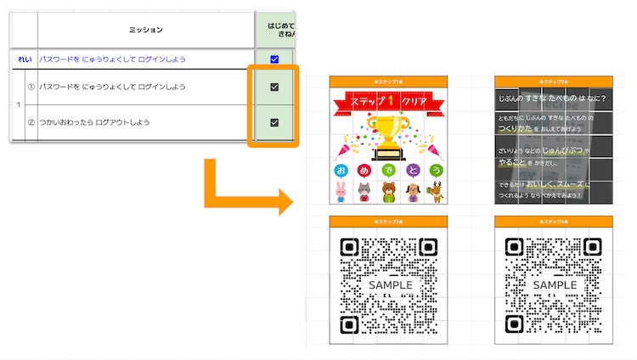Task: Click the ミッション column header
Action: [145, 31]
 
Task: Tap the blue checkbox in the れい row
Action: [273, 59]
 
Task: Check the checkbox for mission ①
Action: [273, 87]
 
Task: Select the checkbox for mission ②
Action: [273, 122]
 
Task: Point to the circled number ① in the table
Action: [31, 87]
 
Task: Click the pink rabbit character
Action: [341, 190]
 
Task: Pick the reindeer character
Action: [436, 190]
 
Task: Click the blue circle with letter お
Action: [341, 170]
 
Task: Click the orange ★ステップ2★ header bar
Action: [553, 82]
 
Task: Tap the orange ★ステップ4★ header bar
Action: [553, 222]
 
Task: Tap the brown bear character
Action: [388, 190]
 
